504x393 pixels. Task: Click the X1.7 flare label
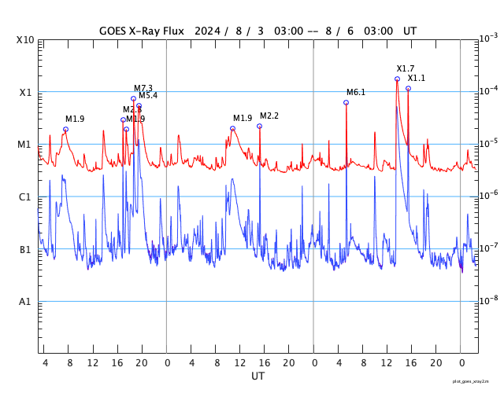coord(405,69)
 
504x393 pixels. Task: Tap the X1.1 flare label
coord(416,79)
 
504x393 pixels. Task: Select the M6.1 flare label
coord(356,93)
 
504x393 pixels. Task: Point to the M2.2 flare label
coord(269,116)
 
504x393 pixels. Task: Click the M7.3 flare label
coord(143,88)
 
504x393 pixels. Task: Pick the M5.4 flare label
coord(148,96)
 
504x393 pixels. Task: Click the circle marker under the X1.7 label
coord(397,79)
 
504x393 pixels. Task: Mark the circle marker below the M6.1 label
coord(346,102)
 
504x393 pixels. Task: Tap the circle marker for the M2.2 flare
coord(259,126)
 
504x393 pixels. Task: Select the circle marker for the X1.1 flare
coord(408,88)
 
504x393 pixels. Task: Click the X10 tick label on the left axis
coord(25,40)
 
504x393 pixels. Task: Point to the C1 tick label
coord(25,197)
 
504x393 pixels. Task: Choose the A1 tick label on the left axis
coord(25,302)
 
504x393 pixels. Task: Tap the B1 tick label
coord(25,250)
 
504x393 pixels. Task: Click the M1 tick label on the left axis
coord(25,145)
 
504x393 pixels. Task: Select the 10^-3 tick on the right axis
coord(489,38)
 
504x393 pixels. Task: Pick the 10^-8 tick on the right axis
coord(489,300)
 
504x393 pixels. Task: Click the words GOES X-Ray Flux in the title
coord(141,31)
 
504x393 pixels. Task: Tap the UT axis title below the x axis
coord(258,376)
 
